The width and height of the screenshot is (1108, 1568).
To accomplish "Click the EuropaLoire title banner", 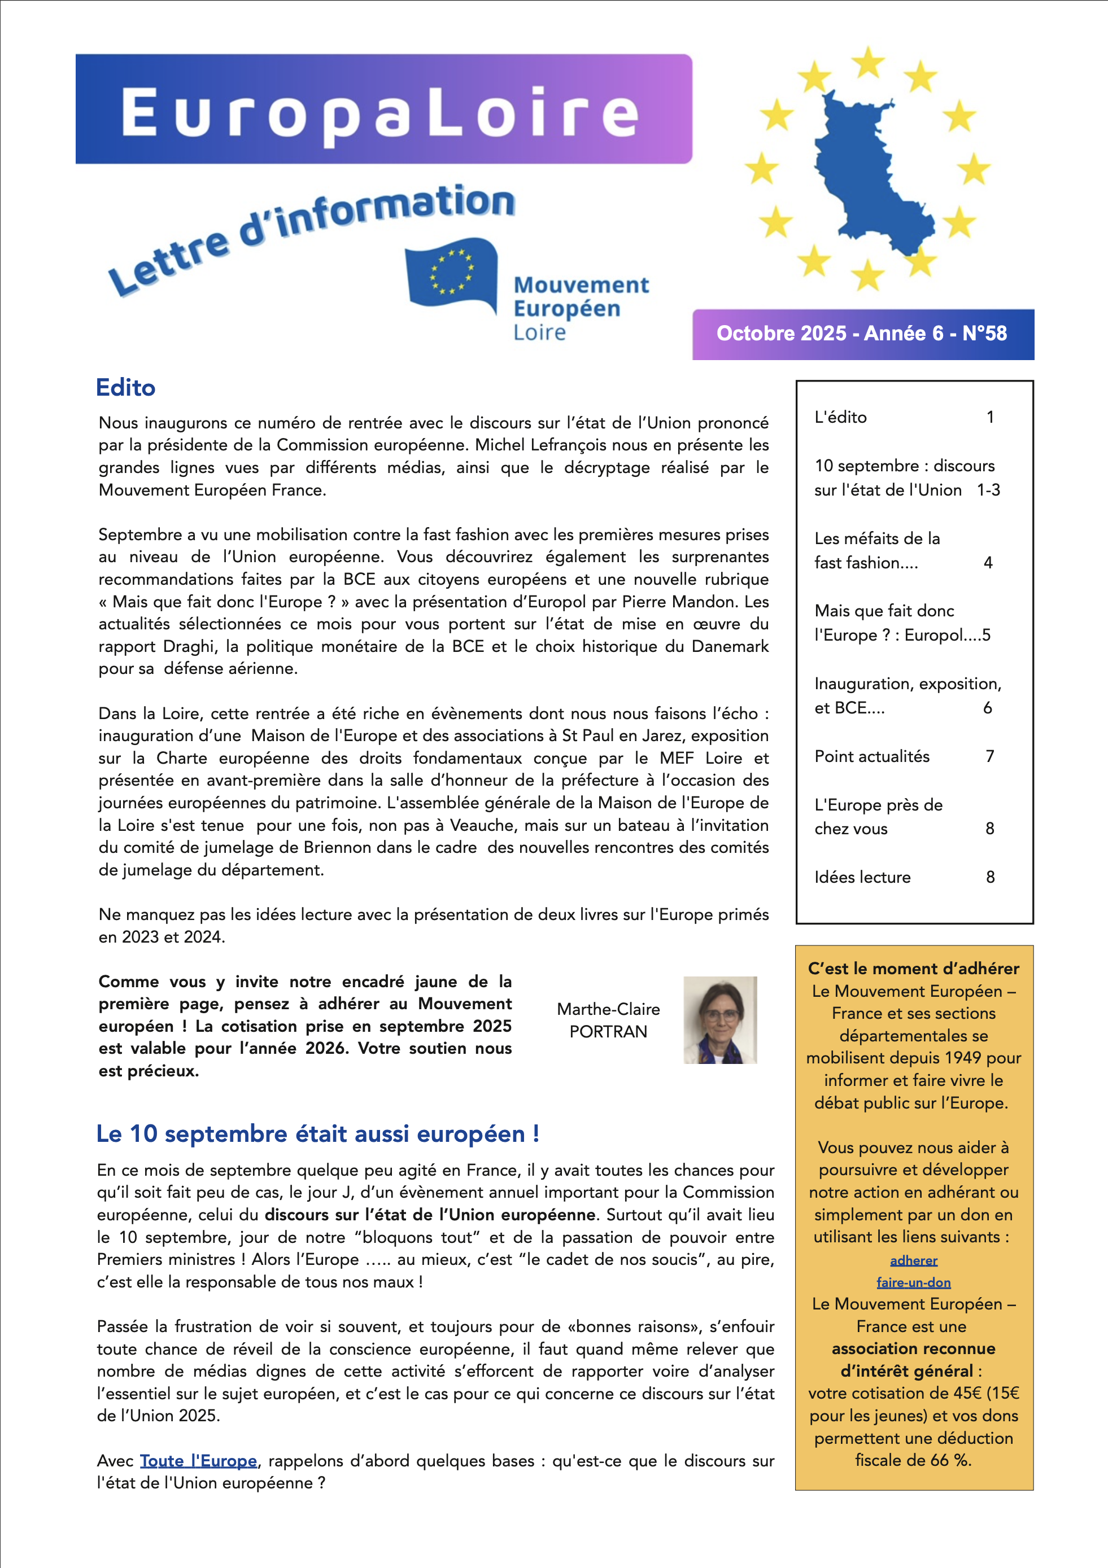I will (x=383, y=110).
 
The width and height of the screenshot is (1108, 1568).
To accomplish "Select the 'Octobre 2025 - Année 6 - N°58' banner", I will (x=862, y=334).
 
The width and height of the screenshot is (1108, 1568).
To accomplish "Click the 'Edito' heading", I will (x=126, y=388).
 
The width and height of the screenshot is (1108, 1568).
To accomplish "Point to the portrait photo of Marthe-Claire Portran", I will (x=720, y=1019).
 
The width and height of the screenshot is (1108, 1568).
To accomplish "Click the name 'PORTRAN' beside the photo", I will (x=608, y=1031).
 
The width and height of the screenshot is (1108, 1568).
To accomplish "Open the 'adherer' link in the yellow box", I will (x=913, y=1260).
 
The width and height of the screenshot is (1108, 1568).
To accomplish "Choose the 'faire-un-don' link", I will (x=913, y=1282).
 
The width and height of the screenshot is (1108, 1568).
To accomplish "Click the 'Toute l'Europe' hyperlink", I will (x=198, y=1461).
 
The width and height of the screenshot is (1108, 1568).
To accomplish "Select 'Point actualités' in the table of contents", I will (x=871, y=756).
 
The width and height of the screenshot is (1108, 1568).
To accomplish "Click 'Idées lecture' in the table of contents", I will (x=862, y=877).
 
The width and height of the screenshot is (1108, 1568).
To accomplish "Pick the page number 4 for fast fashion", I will (x=988, y=563).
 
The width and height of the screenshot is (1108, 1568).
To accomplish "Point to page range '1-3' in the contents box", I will (x=988, y=490).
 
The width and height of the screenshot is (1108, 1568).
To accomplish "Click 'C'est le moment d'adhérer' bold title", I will (x=913, y=969).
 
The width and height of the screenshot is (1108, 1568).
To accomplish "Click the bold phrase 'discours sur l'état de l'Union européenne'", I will (x=430, y=1215).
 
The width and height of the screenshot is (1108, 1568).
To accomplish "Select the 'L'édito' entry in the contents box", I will (x=840, y=417).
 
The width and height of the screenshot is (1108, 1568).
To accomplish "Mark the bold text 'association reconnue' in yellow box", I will (x=913, y=1349).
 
